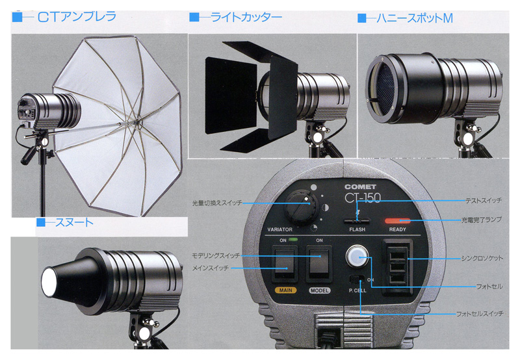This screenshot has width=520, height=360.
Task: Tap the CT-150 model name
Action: tap(363, 198)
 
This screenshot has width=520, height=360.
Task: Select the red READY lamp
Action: tap(399, 221)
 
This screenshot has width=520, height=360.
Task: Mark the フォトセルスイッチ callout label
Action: tap(479, 315)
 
